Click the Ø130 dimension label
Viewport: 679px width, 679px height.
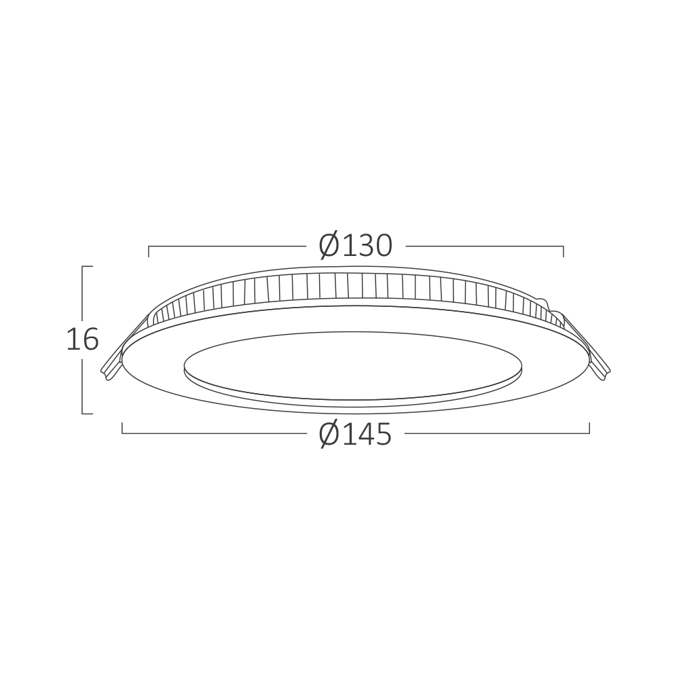pyautogui.click(x=355, y=246)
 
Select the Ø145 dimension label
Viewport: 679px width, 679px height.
pyautogui.click(x=355, y=434)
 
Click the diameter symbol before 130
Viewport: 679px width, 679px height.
pyautogui.click(x=329, y=246)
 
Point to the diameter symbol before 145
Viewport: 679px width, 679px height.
pyautogui.click(x=329, y=434)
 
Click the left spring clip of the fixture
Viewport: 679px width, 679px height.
pyautogui.click(x=124, y=346)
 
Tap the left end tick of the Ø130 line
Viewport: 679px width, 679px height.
pyautogui.click(x=149, y=251)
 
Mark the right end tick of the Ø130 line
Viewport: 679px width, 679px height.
pyautogui.click(x=564, y=251)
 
